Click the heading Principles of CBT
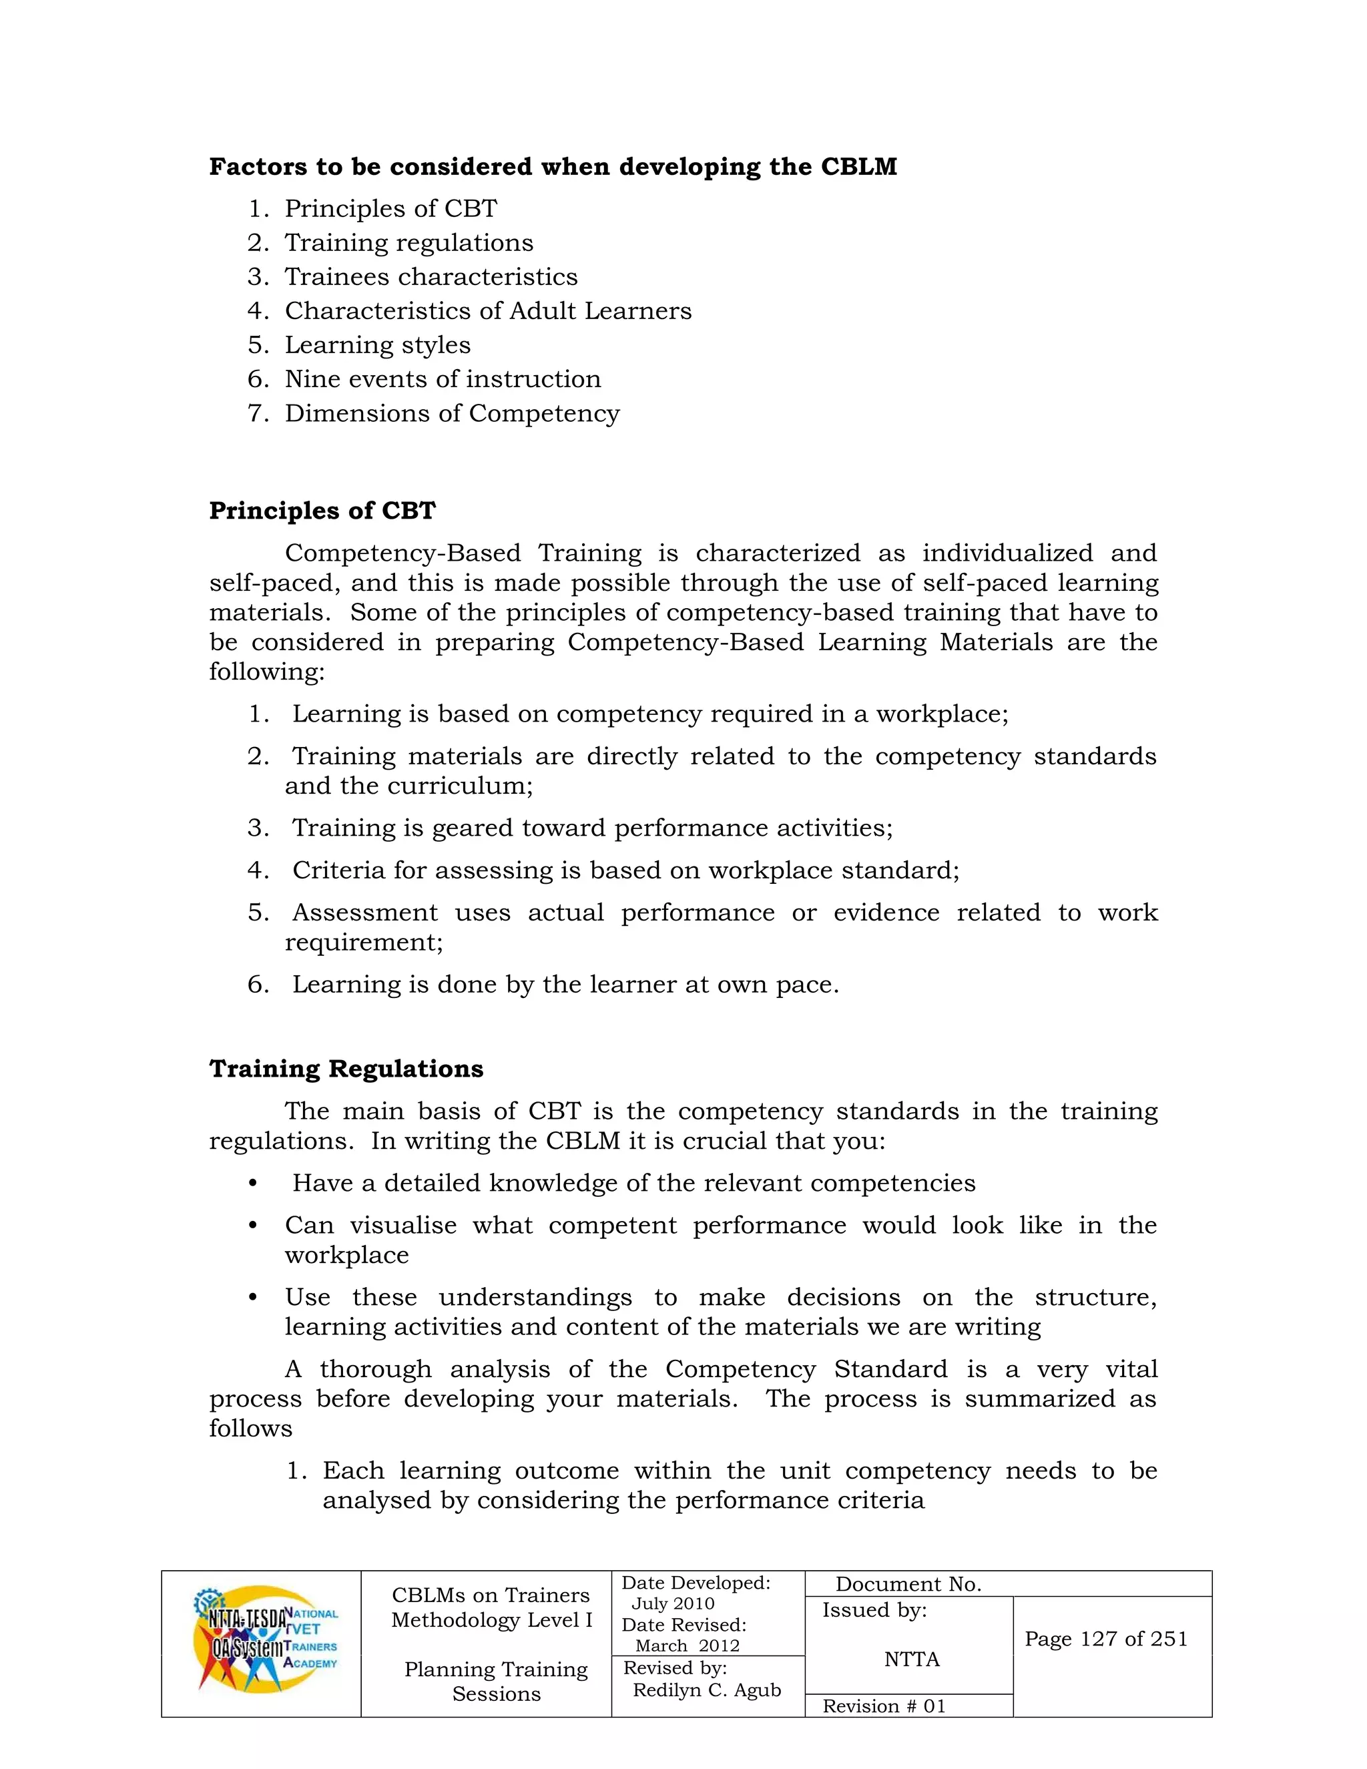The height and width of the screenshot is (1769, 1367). (322, 511)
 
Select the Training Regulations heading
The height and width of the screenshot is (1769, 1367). (346, 1069)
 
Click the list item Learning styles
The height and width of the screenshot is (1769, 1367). (376, 345)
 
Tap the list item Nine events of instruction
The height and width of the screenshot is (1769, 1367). (442, 379)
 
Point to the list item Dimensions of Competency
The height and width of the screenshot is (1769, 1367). (451, 413)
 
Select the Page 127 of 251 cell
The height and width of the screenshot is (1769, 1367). (1105, 1639)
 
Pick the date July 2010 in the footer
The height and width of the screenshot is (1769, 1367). (673, 1603)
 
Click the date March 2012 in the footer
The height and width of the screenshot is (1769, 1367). (687, 1646)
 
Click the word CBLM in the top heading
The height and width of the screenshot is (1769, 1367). (858, 167)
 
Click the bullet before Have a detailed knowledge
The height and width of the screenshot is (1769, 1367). (253, 1184)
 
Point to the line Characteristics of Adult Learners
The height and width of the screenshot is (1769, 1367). (487, 311)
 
